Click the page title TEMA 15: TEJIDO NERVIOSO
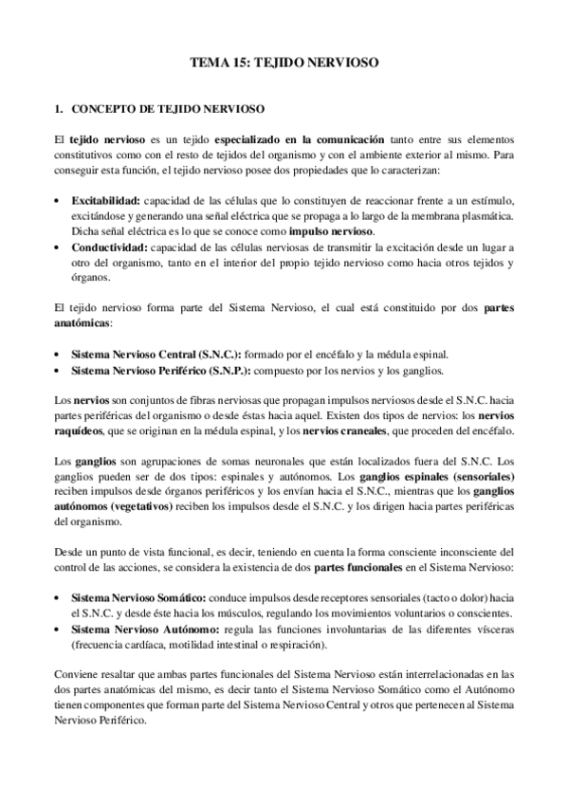284,64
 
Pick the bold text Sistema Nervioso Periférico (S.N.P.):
157,370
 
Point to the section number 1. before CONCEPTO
59,109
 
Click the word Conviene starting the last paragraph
77,675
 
